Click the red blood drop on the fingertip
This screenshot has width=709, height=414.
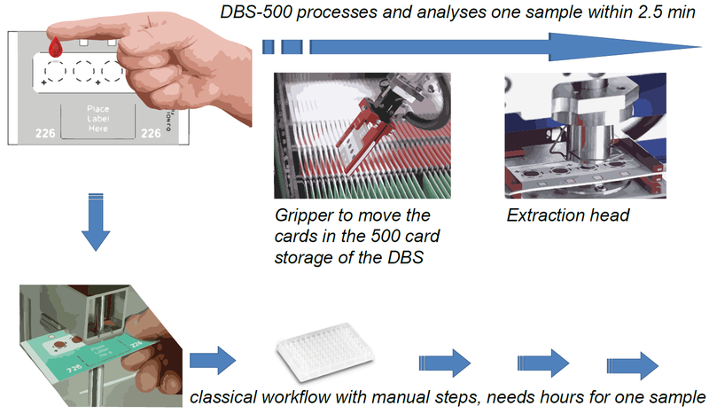[x=56, y=45]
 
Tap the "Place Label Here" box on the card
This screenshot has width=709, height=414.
[x=98, y=119]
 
